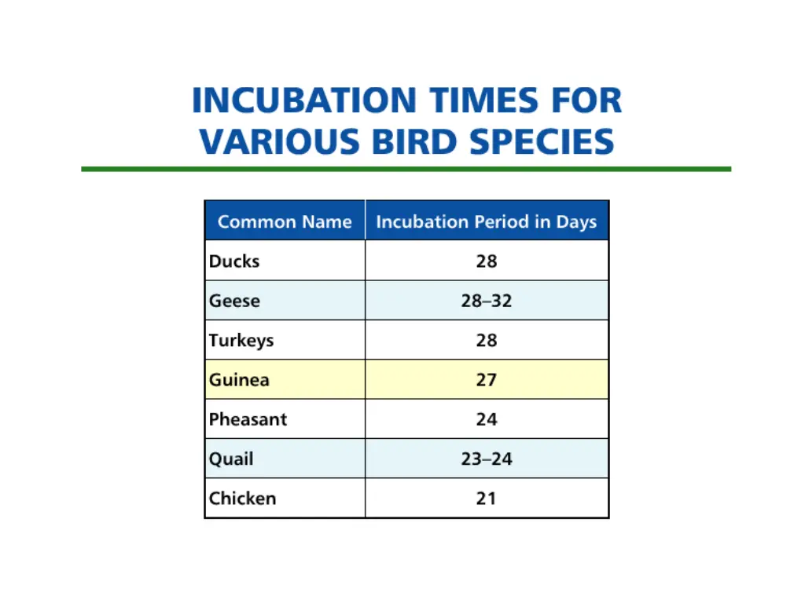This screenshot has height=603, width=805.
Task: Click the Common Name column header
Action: click(x=285, y=221)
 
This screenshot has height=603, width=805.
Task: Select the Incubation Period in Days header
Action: click(x=487, y=221)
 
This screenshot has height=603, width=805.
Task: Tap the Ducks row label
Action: click(x=234, y=261)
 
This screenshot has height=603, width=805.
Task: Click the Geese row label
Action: click(x=234, y=301)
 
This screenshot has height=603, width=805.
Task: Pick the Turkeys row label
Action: click(x=241, y=341)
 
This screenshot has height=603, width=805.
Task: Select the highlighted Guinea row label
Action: click(x=239, y=380)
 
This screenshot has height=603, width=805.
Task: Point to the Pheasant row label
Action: click(x=248, y=419)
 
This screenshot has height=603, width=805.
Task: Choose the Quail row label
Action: click(x=231, y=459)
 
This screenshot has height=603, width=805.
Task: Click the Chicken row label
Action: click(x=242, y=499)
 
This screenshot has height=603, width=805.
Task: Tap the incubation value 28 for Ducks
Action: click(x=487, y=261)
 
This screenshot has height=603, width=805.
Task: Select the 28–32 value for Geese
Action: click(x=487, y=301)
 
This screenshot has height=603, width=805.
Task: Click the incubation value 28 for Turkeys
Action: click(x=487, y=341)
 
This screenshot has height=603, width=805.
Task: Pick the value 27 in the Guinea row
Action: click(x=487, y=380)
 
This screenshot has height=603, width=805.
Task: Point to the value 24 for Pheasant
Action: click(x=487, y=419)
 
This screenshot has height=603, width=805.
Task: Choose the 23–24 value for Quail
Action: click(x=487, y=459)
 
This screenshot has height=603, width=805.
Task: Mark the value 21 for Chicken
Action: click(x=487, y=499)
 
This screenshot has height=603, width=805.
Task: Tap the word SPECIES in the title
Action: click(x=542, y=142)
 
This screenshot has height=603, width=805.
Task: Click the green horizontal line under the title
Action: click(x=406, y=169)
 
